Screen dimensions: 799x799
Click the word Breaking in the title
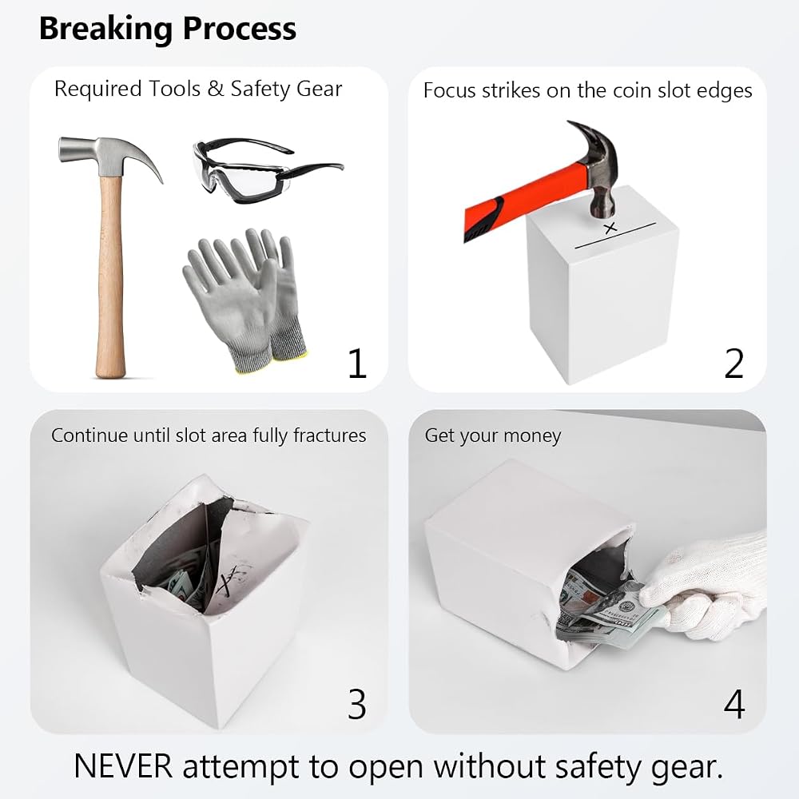[x=106, y=30]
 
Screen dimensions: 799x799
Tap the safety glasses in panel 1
[x=268, y=170]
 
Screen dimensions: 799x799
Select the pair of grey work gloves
[x=245, y=300]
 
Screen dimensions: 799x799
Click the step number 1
[x=357, y=363]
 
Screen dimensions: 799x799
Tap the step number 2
[x=734, y=363]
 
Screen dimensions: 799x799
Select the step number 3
[x=357, y=704]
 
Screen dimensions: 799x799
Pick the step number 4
[x=734, y=704]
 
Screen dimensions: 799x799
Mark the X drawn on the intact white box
[x=610, y=228]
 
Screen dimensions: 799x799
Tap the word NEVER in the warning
[x=123, y=766]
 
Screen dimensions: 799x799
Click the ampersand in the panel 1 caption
[x=216, y=89]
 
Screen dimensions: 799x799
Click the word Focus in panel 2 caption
[x=449, y=91]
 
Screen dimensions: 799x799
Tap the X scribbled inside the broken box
[x=233, y=576]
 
